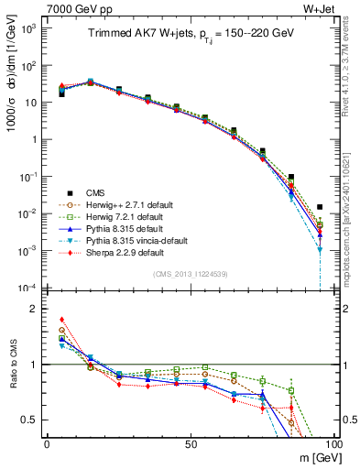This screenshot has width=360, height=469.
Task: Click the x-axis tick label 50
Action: (191, 443)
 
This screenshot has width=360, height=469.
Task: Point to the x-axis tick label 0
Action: (47, 443)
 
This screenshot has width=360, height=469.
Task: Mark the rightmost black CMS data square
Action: (320, 207)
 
